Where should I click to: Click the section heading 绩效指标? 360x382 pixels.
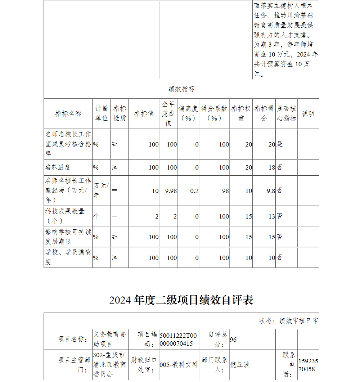181,89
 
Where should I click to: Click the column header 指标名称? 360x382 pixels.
68,114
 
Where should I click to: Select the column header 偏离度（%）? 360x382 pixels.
188,113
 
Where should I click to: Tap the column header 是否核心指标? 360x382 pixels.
287,113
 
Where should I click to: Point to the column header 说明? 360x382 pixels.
308,114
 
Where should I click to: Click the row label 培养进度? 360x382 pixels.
58,167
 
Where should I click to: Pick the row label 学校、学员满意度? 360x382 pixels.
68,257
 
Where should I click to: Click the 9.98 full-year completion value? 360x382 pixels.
171,191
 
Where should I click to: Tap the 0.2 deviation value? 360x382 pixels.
194,191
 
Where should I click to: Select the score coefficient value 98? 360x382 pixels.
225,191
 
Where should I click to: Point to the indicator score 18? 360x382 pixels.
271,167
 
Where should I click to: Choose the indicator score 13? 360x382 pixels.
271,216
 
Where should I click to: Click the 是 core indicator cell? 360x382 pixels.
280,144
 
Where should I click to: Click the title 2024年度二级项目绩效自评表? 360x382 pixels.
181,300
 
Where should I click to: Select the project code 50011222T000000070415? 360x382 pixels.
178,339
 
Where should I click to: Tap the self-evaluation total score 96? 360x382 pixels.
233,340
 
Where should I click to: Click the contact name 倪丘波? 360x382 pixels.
240,365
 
